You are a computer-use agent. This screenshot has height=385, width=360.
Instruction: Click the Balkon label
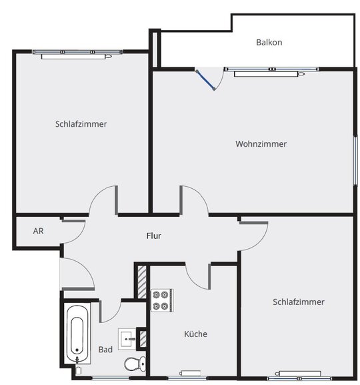(269, 42)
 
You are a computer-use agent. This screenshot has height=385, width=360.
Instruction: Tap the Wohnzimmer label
(261, 143)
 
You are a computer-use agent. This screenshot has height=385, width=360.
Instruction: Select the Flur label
(153, 236)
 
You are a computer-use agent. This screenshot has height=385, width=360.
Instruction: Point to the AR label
(38, 231)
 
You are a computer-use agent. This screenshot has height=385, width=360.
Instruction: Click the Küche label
(195, 334)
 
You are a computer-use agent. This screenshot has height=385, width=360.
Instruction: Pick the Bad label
(105, 350)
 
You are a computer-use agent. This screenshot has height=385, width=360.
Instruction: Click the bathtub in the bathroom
(77, 334)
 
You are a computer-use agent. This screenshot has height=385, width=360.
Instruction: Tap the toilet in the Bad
(135, 364)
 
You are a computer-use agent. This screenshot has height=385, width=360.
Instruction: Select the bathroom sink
(127, 339)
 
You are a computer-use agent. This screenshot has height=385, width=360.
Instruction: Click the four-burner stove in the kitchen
(162, 300)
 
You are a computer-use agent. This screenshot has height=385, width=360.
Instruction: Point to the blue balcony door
(205, 80)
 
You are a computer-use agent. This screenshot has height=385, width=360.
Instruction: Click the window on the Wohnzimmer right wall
(355, 160)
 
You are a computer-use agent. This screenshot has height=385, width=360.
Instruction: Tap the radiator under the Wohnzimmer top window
(269, 73)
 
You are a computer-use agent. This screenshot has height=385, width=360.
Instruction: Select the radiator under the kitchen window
(190, 373)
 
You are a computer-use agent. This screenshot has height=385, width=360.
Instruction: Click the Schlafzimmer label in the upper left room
(81, 123)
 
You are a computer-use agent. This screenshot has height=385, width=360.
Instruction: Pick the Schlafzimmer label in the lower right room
(299, 302)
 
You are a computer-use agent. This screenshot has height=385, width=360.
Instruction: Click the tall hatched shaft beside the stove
(142, 282)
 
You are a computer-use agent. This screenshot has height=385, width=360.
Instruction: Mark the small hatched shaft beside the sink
(143, 339)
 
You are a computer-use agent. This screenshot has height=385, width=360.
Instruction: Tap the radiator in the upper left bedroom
(76, 57)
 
